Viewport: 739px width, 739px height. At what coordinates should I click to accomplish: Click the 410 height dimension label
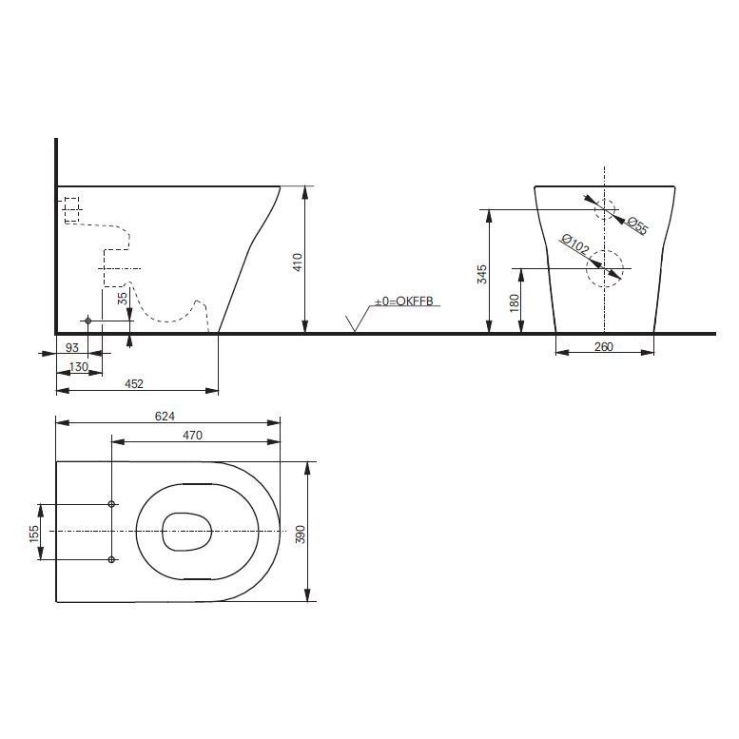pos(298,263)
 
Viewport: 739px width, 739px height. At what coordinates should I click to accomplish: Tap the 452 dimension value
pos(134,383)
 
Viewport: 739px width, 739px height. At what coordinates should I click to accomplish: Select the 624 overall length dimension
pos(165,417)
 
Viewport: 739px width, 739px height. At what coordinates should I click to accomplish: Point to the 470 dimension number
pos(192,435)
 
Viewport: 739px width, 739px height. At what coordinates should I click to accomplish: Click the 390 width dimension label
pos(301,534)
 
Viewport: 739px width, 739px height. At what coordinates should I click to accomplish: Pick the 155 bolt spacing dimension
pos(34,534)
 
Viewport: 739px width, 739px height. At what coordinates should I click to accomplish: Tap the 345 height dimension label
pos(482,274)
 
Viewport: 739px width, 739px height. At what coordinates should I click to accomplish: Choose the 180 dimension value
pos(515,302)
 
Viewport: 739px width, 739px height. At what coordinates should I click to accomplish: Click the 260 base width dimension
pos(604,346)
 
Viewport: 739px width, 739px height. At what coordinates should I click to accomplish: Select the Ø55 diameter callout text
pos(636,225)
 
